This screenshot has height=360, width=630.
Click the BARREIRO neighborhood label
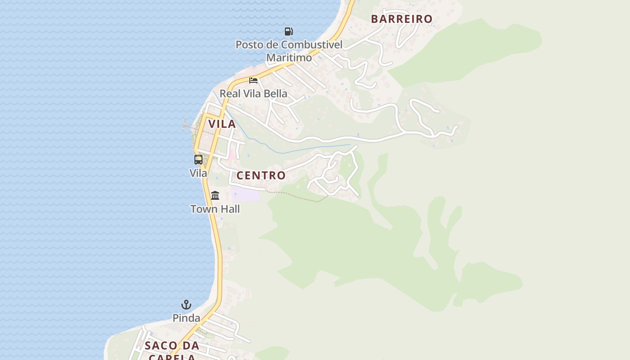401,19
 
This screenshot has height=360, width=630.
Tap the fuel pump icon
289,31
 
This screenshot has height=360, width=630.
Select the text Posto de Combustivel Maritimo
289,51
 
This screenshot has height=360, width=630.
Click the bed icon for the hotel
253,81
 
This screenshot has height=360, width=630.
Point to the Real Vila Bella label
253,94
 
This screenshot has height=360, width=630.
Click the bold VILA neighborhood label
222,124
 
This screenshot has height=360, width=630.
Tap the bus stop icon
198,160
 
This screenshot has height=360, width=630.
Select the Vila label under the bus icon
198,173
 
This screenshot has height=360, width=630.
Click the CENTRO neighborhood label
261,175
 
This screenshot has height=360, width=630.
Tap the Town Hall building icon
215,196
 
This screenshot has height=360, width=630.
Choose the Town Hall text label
215,209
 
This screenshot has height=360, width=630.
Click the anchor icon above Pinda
186,305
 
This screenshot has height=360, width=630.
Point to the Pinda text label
186,318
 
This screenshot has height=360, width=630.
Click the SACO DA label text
172,346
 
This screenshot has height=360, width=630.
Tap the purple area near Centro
246,194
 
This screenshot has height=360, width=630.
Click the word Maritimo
289,58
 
